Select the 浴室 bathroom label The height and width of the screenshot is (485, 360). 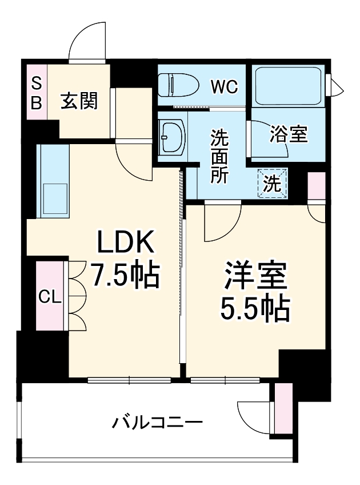(x=289, y=134)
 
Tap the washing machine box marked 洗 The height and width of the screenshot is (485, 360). (x=272, y=184)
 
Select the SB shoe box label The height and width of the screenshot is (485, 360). (x=36, y=93)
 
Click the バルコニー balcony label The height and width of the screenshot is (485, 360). (x=157, y=423)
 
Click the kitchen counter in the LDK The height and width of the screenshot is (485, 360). (x=53, y=180)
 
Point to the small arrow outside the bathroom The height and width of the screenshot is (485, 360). (x=338, y=87)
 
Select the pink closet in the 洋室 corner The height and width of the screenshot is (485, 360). (x=316, y=185)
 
